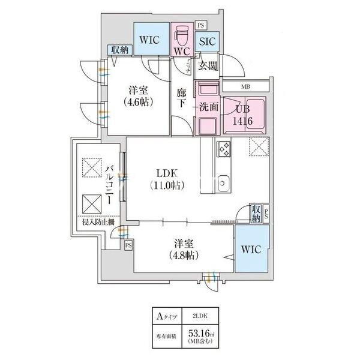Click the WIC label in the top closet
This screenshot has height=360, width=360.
149,40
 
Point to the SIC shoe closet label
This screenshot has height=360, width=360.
207,41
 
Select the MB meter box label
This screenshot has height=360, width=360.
245,86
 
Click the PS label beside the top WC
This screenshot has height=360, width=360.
200,25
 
